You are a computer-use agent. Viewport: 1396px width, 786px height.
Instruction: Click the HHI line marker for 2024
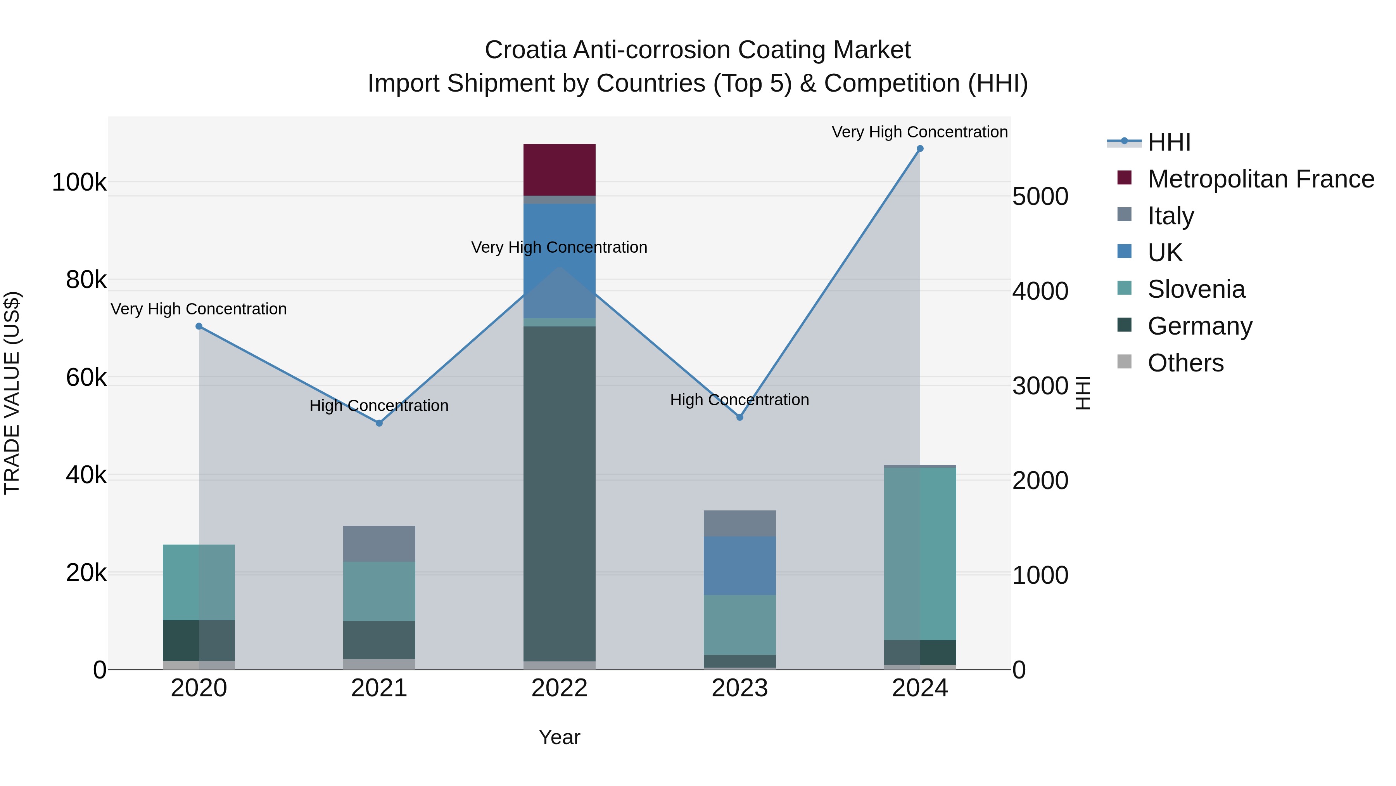pyautogui.click(x=920, y=149)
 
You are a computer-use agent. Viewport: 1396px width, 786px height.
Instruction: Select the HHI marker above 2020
pyautogui.click(x=199, y=326)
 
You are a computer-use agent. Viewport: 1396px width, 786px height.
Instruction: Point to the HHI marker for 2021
pyautogui.click(x=379, y=423)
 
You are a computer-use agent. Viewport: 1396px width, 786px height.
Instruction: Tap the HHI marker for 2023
pyautogui.click(x=740, y=417)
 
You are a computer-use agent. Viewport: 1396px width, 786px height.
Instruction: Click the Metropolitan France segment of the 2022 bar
pyautogui.click(x=559, y=170)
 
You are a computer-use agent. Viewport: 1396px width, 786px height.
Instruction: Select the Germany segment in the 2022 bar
pyautogui.click(x=559, y=494)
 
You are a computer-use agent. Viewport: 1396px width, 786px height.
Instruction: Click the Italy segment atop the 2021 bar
pyautogui.click(x=379, y=543)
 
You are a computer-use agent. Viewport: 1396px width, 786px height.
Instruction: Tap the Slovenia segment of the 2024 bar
pyautogui.click(x=920, y=553)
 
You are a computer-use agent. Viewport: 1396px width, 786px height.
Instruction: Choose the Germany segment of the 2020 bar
pyautogui.click(x=199, y=640)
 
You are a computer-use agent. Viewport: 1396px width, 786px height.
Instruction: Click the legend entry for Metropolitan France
pyautogui.click(x=1261, y=179)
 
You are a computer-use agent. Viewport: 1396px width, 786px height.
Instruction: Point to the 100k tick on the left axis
pyautogui.click(x=79, y=182)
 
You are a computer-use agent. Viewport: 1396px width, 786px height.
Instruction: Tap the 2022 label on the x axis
pyautogui.click(x=559, y=688)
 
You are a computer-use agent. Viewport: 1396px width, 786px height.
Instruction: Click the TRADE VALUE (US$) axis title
pyautogui.click(x=12, y=393)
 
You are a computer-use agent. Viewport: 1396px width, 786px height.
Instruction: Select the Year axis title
pyautogui.click(x=559, y=737)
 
